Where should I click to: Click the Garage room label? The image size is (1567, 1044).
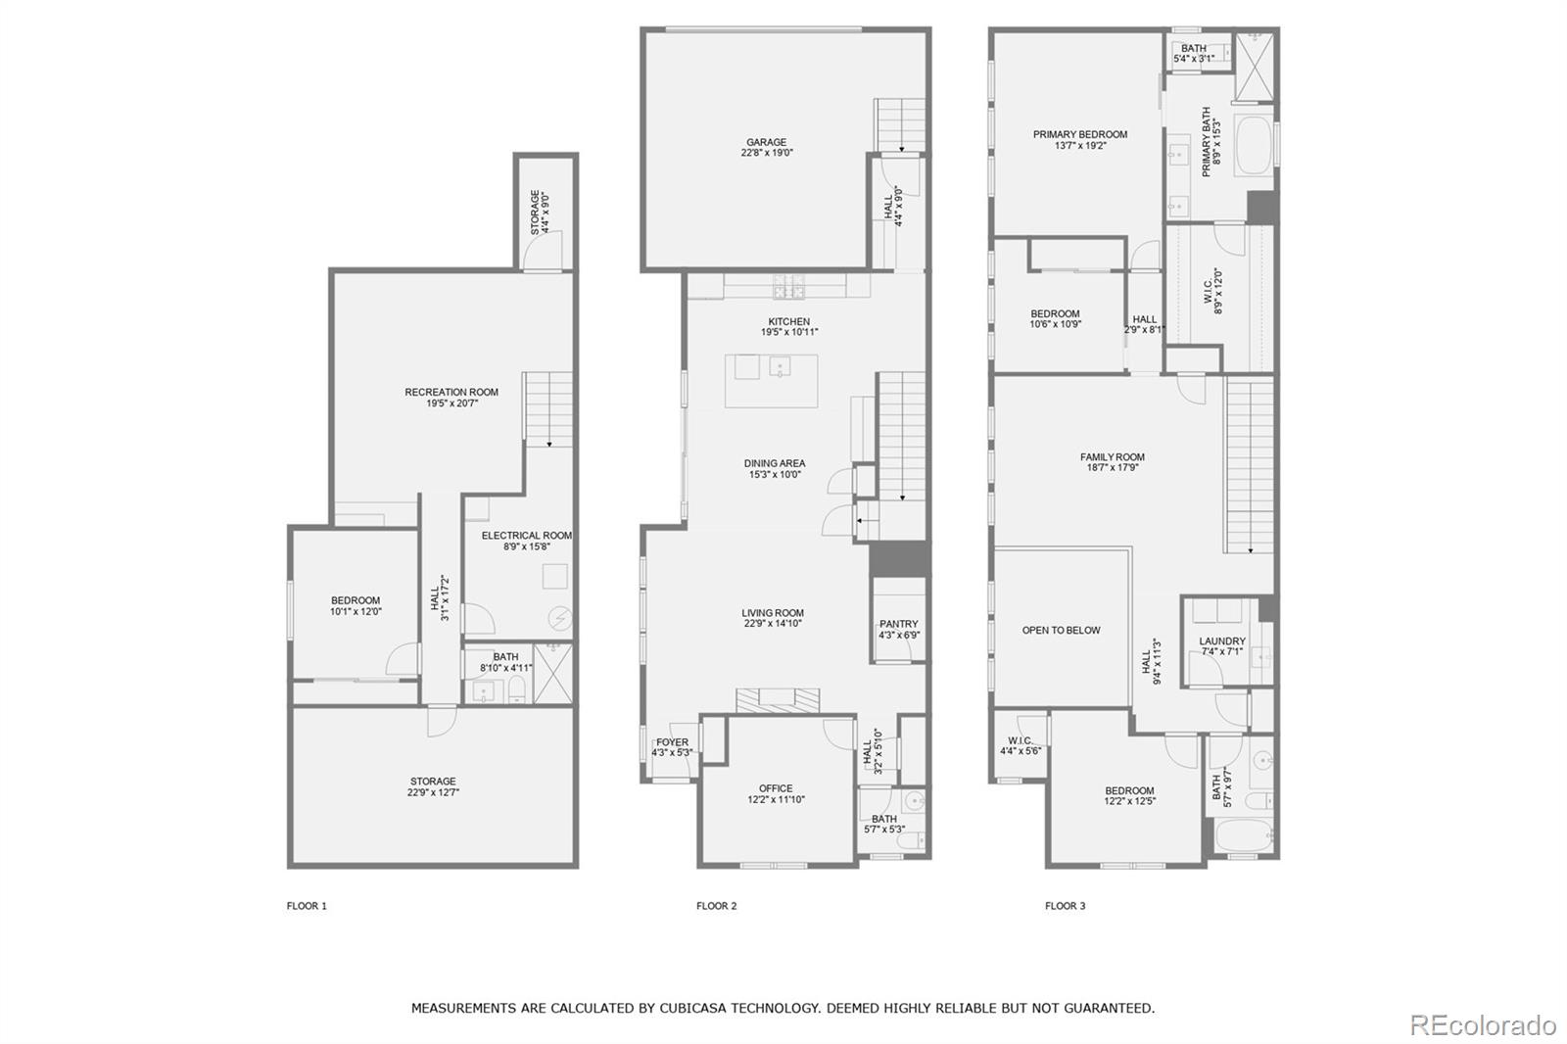point(766,143)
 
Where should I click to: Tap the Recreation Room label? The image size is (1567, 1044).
point(451,393)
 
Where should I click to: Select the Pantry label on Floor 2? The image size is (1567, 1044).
point(898,624)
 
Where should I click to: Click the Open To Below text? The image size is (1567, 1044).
point(1061,631)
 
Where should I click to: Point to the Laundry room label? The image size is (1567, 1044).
point(1221,642)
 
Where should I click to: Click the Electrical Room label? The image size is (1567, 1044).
point(526,536)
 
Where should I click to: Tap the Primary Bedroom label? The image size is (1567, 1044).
point(1079,135)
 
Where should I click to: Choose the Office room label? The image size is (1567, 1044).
point(776,788)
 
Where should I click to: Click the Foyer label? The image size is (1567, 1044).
point(672,742)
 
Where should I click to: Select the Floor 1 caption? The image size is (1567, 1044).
point(307,906)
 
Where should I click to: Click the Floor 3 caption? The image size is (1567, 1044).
point(1065,906)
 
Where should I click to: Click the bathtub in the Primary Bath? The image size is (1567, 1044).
point(1253,146)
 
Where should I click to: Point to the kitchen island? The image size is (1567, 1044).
point(771,381)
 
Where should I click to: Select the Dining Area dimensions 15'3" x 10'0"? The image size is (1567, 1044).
point(774,475)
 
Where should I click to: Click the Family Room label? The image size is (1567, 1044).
point(1112,457)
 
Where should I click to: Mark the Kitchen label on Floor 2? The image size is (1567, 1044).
point(788,322)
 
